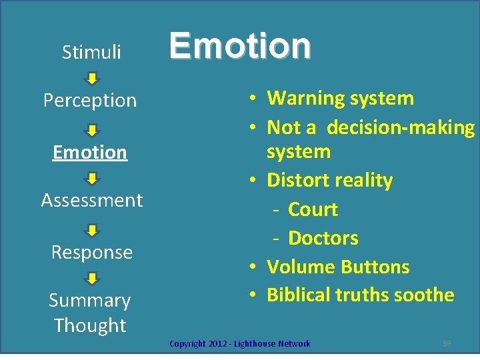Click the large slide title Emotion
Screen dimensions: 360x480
(240, 45)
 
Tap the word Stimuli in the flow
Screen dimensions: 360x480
(91, 52)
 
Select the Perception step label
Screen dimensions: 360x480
(90, 101)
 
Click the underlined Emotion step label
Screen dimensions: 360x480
(90, 152)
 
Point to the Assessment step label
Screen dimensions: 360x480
(92, 200)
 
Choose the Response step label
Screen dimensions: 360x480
(92, 252)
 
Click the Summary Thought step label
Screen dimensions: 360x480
(90, 313)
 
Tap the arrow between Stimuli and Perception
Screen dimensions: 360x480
(93, 79)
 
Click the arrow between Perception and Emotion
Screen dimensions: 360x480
(93, 130)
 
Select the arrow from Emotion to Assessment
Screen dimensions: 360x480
(93, 179)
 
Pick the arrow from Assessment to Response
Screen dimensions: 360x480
(93, 230)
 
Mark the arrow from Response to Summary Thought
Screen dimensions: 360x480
(93, 278)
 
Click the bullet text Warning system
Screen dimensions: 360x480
(340, 98)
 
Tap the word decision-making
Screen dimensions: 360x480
(401, 127)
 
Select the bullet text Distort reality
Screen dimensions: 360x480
(329, 180)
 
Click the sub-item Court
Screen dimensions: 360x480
(313, 209)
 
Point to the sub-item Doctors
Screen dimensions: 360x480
(323, 238)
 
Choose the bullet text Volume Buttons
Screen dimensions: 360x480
(338, 267)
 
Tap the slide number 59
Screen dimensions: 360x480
(447, 343)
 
